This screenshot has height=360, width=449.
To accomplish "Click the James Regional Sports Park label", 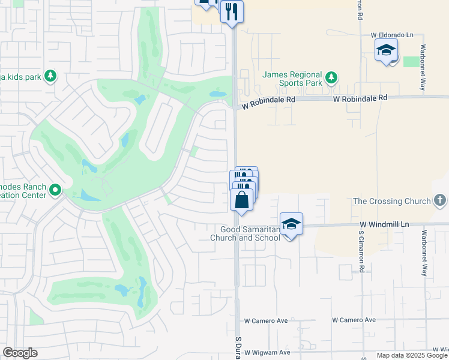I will click(292, 79).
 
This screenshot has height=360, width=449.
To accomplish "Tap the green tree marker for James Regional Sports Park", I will click(331, 77).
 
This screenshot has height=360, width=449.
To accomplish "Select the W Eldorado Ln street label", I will click(393, 35).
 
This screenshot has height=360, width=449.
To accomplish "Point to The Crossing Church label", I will click(392, 202).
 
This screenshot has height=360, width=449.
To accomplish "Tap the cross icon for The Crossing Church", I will click(439, 200).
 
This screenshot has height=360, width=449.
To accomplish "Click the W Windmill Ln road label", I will click(384, 224).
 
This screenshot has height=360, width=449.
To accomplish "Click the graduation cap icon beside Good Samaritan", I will click(291, 224).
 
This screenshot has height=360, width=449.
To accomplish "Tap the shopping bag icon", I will click(241, 199).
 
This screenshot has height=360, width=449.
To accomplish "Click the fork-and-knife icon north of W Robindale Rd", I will click(231, 11).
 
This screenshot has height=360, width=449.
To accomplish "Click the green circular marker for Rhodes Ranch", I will click(55, 191).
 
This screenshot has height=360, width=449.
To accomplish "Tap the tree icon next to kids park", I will click(50, 76).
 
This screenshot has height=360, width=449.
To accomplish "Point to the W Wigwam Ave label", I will click(267, 352).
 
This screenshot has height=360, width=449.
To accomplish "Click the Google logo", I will click(20, 353).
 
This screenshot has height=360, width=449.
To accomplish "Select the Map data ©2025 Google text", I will click(412, 355).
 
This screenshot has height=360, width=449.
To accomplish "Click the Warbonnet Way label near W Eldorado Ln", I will click(423, 60).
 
